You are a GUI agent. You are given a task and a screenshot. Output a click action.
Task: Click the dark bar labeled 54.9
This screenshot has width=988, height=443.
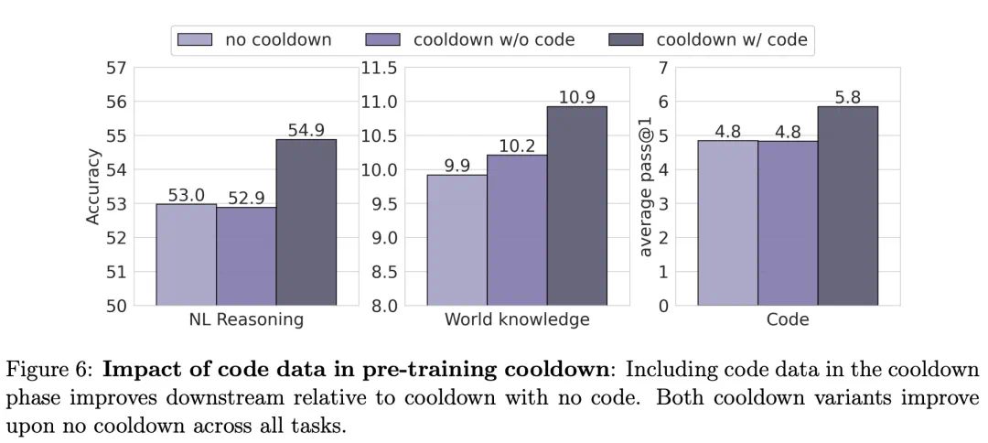pos(306,221)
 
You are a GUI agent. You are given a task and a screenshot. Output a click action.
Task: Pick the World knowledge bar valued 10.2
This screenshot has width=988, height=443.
pos(517,230)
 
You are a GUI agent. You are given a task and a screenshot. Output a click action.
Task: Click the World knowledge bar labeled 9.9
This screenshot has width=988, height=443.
pos(456,240)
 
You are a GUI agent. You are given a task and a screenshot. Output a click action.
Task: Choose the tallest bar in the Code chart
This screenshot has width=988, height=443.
pos(847,206)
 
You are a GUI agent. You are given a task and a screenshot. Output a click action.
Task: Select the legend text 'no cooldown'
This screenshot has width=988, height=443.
pos(278,40)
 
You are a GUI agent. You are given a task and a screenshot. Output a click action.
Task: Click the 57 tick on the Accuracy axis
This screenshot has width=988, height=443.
pos(115,68)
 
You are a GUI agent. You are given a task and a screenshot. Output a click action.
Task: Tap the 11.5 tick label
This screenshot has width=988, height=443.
pos(378,68)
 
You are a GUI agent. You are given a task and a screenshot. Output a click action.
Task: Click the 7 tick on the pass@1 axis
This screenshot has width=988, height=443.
pos(663,68)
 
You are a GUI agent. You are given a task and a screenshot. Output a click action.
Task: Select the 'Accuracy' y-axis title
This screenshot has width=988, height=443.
pos(92,187)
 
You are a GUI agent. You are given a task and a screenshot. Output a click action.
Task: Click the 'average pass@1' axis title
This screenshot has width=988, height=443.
pos(646,187)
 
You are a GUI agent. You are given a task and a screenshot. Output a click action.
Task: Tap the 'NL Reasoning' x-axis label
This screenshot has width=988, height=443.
pos(246,320)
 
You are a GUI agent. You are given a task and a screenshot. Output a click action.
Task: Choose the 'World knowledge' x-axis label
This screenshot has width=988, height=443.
pos(517,320)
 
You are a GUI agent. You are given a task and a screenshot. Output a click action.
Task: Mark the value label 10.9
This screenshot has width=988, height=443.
pos(577,97)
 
